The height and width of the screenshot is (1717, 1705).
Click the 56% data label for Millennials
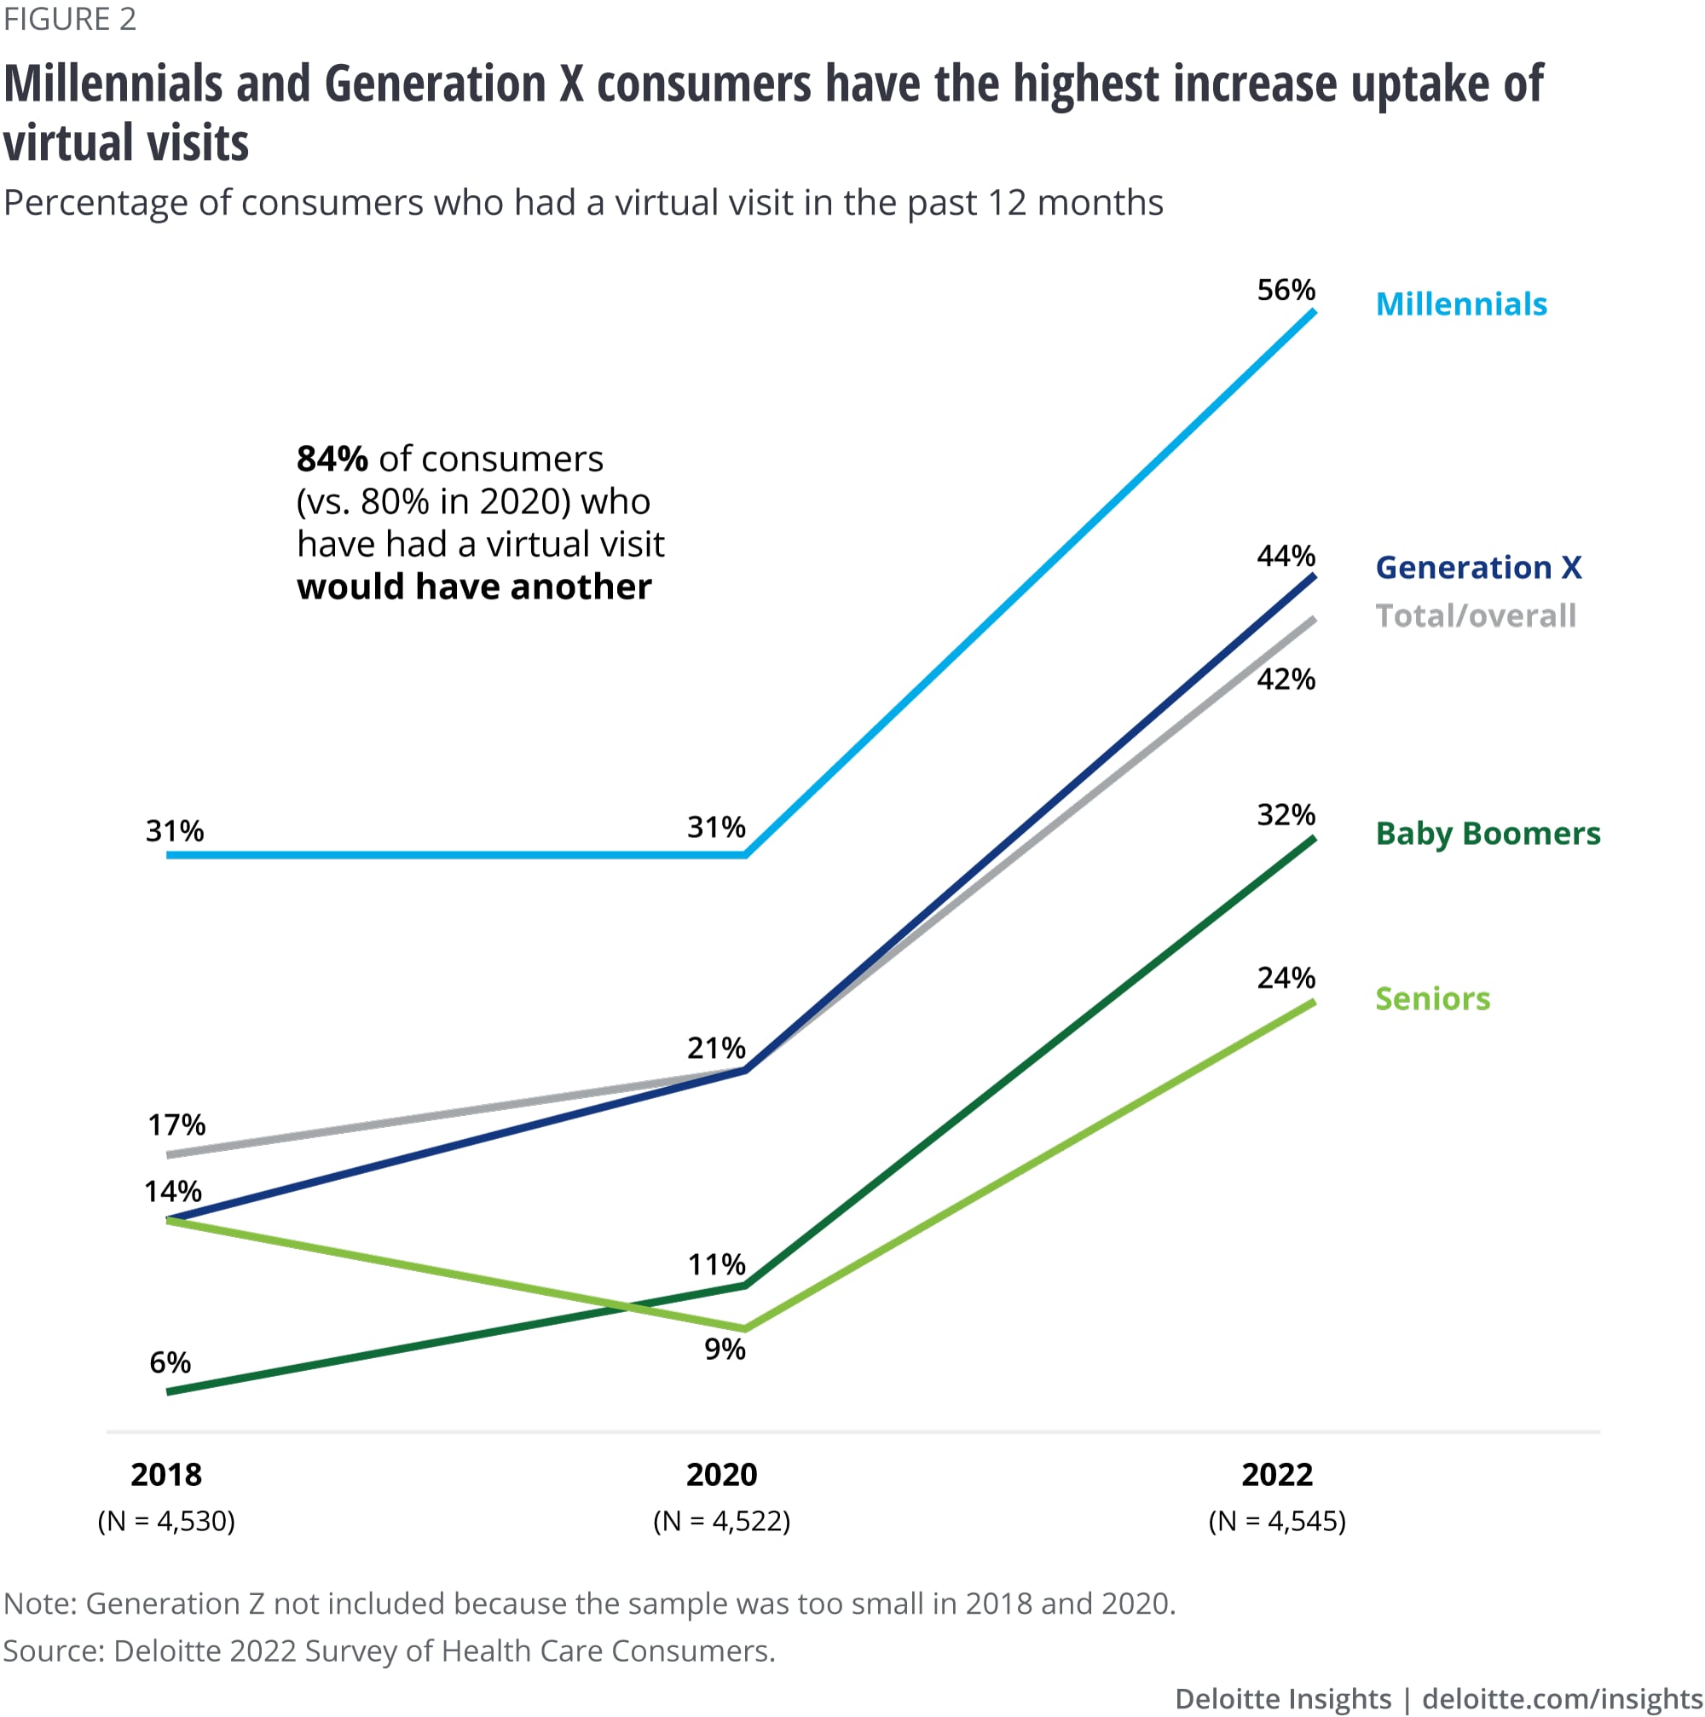[1285, 290]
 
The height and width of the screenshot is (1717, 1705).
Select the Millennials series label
[1460, 304]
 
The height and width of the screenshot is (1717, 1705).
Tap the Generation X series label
[1477, 567]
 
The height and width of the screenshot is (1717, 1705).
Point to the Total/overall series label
[1475, 615]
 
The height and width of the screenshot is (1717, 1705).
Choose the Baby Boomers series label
[1488, 833]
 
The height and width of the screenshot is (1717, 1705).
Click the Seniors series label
[1432, 999]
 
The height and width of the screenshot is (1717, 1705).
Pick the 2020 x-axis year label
[721, 1474]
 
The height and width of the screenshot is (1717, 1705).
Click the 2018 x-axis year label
[166, 1474]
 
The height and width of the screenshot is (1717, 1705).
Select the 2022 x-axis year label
[1277, 1474]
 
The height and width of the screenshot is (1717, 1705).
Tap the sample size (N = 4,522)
[721, 1521]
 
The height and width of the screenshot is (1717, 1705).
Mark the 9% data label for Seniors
[724, 1349]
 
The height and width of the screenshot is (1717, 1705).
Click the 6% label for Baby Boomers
[170, 1362]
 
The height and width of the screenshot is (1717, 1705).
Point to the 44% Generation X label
[1285, 557]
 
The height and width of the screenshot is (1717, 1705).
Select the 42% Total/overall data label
[1285, 679]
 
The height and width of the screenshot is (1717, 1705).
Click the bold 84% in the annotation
[332, 459]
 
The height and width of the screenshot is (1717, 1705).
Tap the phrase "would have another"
[473, 587]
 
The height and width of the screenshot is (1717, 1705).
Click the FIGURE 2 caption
[70, 19]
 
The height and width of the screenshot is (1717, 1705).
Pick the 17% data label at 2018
[176, 1125]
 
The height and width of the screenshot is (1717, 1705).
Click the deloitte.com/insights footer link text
[1562, 1698]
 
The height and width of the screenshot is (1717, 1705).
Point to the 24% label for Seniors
[1285, 978]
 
